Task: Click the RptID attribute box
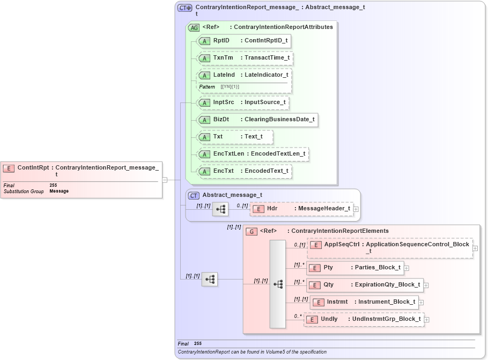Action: [243, 40]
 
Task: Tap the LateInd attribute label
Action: [224, 75]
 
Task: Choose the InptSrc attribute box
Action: [243, 102]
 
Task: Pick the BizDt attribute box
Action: [257, 119]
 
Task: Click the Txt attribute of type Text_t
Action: [235, 136]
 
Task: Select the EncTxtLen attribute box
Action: [253, 154]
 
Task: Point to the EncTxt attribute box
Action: [244, 171]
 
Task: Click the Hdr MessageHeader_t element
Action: [302, 208]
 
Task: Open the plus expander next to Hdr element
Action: [356, 209]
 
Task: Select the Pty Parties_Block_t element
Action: [355, 267]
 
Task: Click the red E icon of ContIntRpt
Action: [9, 168]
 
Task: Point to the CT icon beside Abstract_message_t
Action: [194, 195]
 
